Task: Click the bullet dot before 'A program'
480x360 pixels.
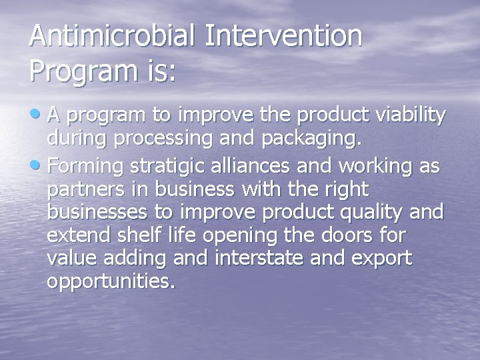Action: click(35, 115)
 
